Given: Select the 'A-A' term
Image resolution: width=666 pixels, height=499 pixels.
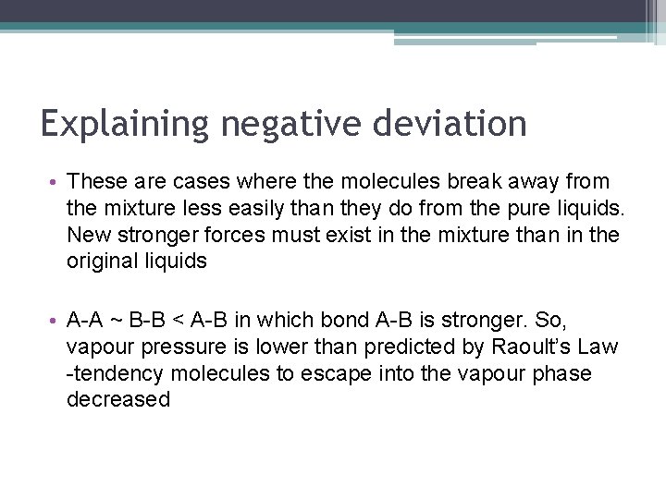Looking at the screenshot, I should coord(86,321).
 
